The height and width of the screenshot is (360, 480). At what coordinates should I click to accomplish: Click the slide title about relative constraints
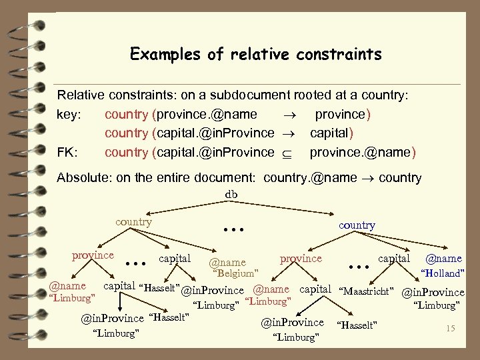tap(256, 53)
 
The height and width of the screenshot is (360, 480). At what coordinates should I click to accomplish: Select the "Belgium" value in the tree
tap(235, 273)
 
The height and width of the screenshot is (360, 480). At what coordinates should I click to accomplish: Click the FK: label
tap(68, 153)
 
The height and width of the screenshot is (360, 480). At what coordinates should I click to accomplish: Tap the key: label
tap(69, 114)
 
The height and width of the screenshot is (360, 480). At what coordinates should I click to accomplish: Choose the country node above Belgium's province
tap(133, 221)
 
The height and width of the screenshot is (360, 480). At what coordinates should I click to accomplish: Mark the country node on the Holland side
tap(357, 225)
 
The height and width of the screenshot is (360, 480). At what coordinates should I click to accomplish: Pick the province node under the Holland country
tap(301, 257)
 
